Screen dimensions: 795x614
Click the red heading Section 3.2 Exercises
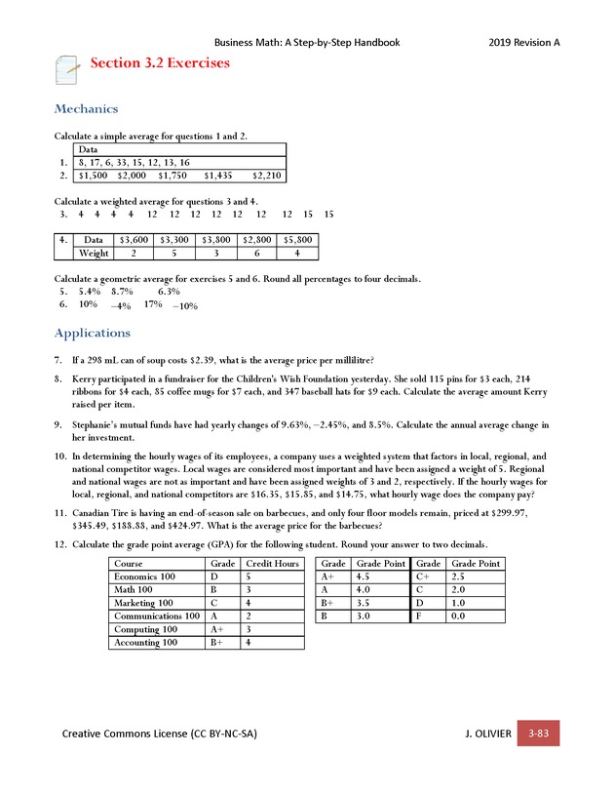pyautogui.click(x=160, y=63)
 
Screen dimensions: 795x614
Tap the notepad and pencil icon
pyautogui.click(x=67, y=69)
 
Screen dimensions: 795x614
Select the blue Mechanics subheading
pyautogui.click(x=86, y=108)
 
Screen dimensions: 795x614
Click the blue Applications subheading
pyautogui.click(x=93, y=333)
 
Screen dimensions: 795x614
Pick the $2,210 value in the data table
pyautogui.click(x=266, y=176)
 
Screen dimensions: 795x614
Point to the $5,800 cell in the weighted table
pyautogui.click(x=298, y=239)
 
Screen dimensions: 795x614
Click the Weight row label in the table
pyautogui.click(x=94, y=254)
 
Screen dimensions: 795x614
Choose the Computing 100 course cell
pyautogui.click(x=144, y=629)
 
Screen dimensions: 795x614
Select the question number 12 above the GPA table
pyautogui.click(x=60, y=543)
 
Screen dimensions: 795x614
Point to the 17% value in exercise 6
pyautogui.click(x=152, y=303)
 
